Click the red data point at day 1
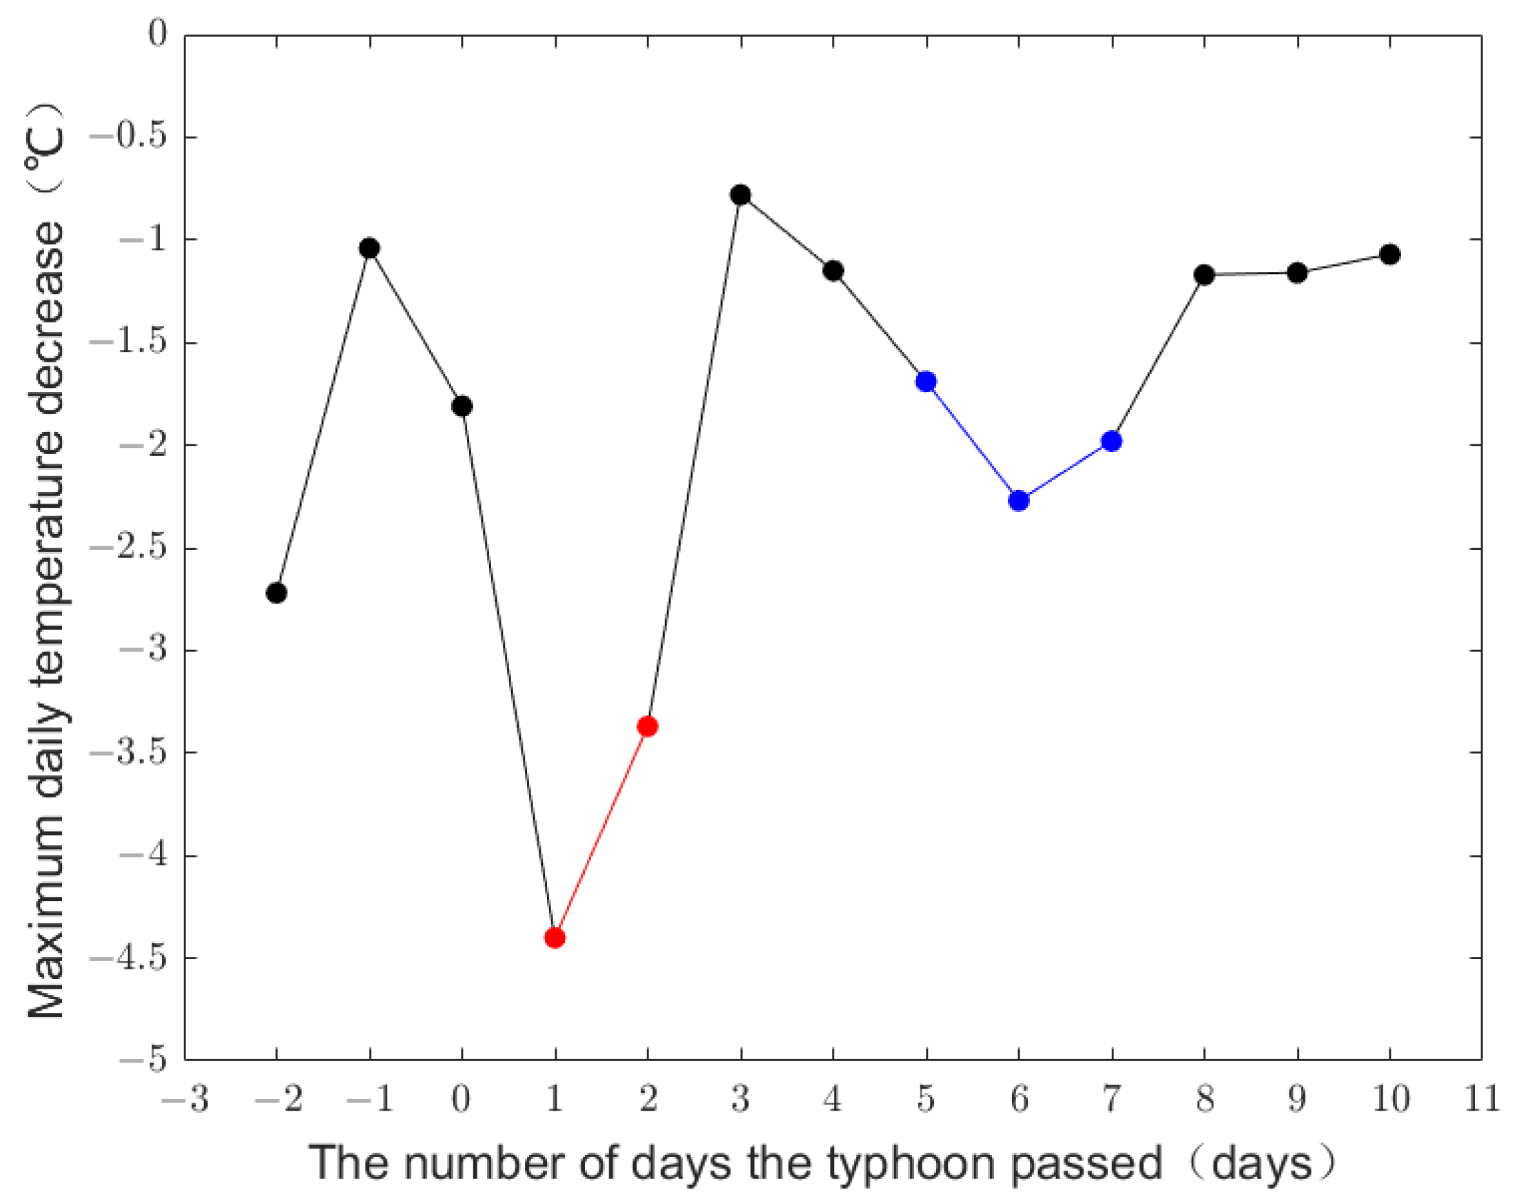pyautogui.click(x=555, y=938)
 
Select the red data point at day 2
pyautogui.click(x=648, y=726)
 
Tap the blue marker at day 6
pyautogui.click(x=1019, y=501)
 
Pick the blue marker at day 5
pyautogui.click(x=926, y=382)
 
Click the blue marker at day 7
pyautogui.click(x=1112, y=442)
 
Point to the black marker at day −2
pyautogui.click(x=277, y=593)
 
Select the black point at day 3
pyautogui.click(x=741, y=195)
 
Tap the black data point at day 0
pyautogui.click(x=462, y=407)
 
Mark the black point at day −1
pyautogui.click(x=370, y=248)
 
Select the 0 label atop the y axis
pyautogui.click(x=158, y=34)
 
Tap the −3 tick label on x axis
pyautogui.click(x=185, y=1099)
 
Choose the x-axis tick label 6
pyautogui.click(x=1019, y=1099)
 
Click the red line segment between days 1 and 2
pyautogui.click(x=601, y=832)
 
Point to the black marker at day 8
pyautogui.click(x=1205, y=275)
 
